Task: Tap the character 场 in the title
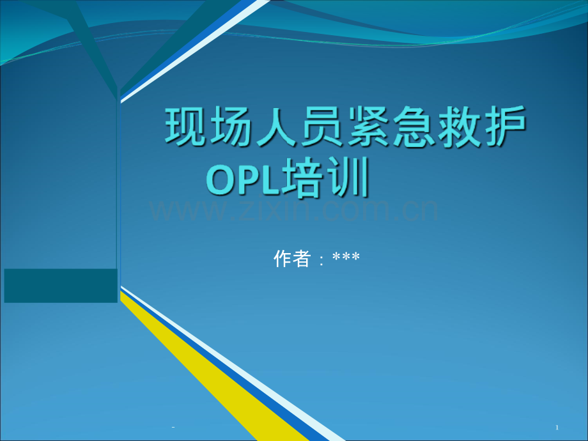(x=231, y=126)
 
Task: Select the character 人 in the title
(x=276, y=126)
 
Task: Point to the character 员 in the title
(x=321, y=126)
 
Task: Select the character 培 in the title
(x=302, y=178)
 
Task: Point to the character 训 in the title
(x=348, y=178)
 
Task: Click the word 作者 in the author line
(x=292, y=258)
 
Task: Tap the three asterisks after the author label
(x=346, y=257)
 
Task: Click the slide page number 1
(x=557, y=427)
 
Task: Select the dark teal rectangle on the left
(x=61, y=286)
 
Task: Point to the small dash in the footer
(x=173, y=427)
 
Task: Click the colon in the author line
(x=321, y=260)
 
